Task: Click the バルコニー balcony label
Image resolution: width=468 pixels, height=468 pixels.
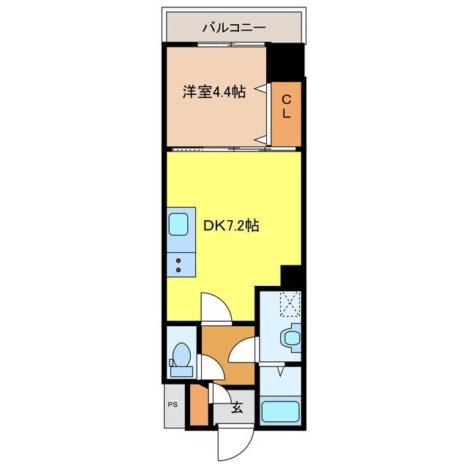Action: (x=233, y=29)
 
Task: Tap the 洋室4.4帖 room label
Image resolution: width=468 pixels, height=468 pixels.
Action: (x=213, y=92)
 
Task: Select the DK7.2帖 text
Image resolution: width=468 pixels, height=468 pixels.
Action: (x=230, y=226)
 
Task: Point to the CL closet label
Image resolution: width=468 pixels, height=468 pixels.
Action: (x=287, y=107)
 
